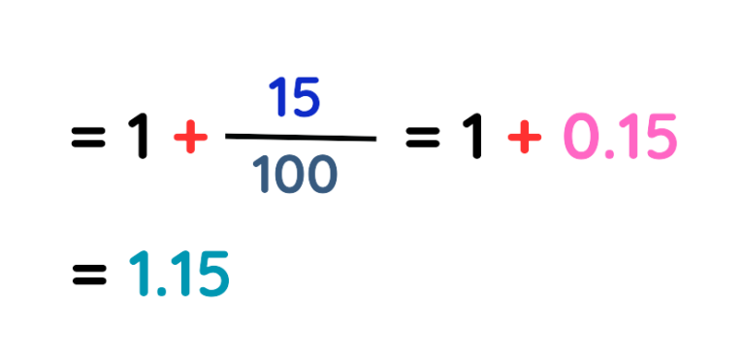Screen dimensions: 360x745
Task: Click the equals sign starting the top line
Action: pyautogui.click(x=88, y=141)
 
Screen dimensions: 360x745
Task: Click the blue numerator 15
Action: pyautogui.click(x=294, y=101)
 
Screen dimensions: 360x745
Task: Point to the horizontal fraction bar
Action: pyautogui.click(x=301, y=138)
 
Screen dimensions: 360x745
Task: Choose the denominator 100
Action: pyautogui.click(x=294, y=175)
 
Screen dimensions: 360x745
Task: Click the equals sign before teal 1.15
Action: pyautogui.click(x=88, y=276)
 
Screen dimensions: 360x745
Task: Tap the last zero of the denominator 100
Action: pyautogui.click(x=323, y=175)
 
